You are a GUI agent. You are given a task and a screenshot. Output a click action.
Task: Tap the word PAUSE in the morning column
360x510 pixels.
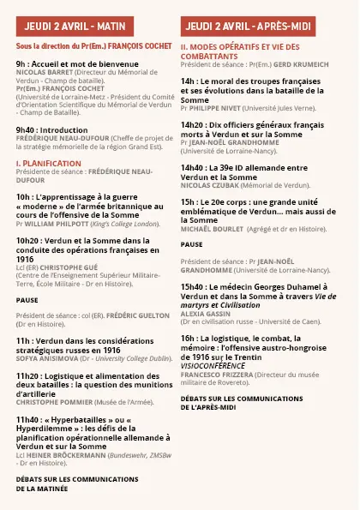(x=27, y=300)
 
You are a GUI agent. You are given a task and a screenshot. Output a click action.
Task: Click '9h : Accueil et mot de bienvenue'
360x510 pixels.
(x=76, y=64)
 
